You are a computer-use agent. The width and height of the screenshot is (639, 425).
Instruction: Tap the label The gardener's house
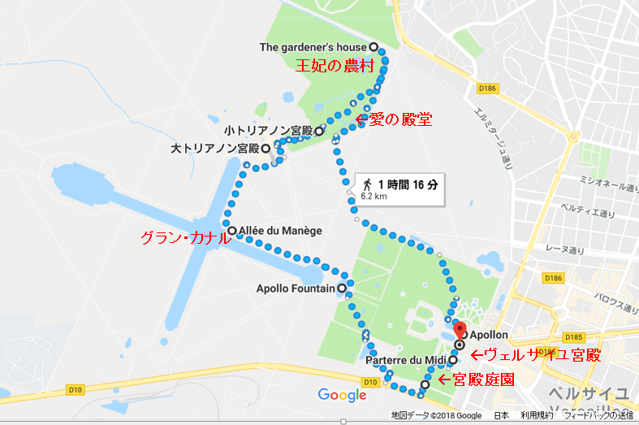point(313,47)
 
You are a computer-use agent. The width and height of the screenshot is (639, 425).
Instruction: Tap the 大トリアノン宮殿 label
point(215,149)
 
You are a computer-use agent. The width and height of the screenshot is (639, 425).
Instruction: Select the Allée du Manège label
point(281,231)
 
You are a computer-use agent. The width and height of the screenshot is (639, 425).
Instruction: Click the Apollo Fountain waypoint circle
point(342,288)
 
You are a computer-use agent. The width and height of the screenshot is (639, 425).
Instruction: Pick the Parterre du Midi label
point(406,360)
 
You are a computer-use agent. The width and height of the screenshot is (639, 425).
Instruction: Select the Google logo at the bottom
point(342,396)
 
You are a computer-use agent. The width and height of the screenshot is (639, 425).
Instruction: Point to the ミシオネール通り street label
point(606,186)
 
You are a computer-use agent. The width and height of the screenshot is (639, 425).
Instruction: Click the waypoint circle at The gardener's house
point(373,47)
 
